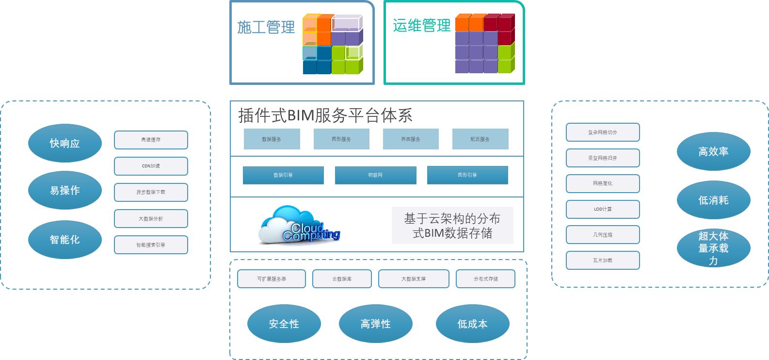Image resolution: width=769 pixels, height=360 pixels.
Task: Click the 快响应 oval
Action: pos(64,143)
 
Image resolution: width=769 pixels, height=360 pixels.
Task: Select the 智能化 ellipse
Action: pos(64,239)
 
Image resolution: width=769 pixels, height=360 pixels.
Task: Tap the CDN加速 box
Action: pos(151,166)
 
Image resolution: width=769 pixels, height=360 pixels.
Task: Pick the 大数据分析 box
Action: pos(151,218)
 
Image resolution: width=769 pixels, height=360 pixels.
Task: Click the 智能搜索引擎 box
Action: pos(151,245)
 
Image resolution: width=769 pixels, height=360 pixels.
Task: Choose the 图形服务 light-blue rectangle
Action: pos(341,139)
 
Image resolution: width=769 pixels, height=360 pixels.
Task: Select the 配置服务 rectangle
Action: pos(480,139)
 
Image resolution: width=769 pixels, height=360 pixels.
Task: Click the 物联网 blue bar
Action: pos(375,175)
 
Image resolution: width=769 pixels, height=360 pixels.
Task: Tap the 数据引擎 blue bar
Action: pos(283,175)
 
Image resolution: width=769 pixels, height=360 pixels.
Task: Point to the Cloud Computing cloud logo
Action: pos(300,226)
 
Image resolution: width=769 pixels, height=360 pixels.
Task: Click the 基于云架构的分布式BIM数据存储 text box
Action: pos(452,226)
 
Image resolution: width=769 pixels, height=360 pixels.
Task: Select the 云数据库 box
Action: pos(342,279)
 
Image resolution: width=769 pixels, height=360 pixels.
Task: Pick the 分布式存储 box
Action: pos(485,279)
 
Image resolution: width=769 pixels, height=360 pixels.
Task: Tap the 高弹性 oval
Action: pos(375,324)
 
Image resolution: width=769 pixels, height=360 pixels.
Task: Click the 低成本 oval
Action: pos(472,324)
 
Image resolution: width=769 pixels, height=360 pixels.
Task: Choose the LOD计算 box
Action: pos(603,209)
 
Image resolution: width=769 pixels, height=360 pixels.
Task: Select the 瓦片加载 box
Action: pos(603,261)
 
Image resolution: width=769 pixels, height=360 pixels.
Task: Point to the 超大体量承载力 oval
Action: pos(713,248)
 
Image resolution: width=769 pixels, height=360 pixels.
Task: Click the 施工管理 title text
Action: pos(266,27)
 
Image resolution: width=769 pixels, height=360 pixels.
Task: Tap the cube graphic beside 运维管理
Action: pos(485,44)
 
